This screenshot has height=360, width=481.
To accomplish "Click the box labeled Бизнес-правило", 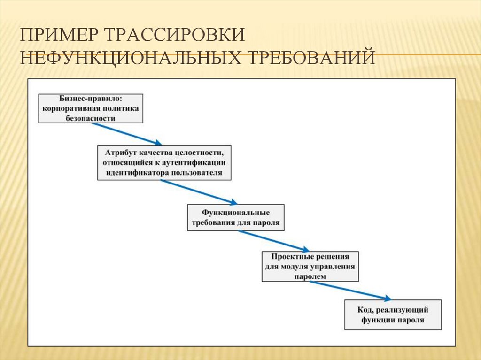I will [91, 108].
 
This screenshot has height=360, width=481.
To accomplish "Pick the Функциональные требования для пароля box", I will [235, 217].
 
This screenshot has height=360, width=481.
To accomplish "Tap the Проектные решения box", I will [310, 267].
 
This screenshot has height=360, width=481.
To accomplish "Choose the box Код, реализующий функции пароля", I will [393, 315].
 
